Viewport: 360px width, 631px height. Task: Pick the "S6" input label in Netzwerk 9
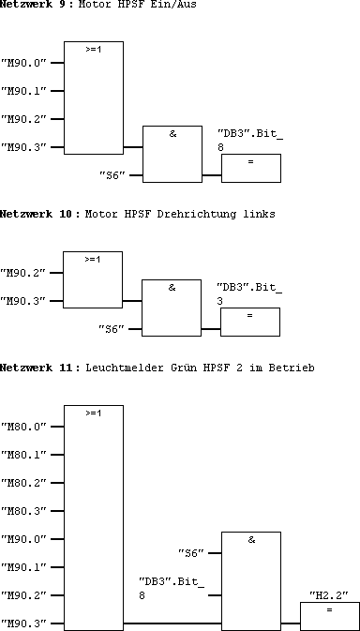click(112, 175)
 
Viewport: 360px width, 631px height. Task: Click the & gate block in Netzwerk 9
click(172, 153)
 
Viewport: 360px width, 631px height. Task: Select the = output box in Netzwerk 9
click(250, 168)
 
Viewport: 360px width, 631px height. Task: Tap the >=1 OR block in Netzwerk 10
click(92, 278)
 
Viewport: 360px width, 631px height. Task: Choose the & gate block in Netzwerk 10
click(171, 307)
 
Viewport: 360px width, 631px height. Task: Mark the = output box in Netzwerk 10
click(249, 321)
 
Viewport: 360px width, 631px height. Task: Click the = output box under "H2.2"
click(329, 616)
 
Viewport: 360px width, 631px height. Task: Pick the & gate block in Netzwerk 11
click(250, 579)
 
